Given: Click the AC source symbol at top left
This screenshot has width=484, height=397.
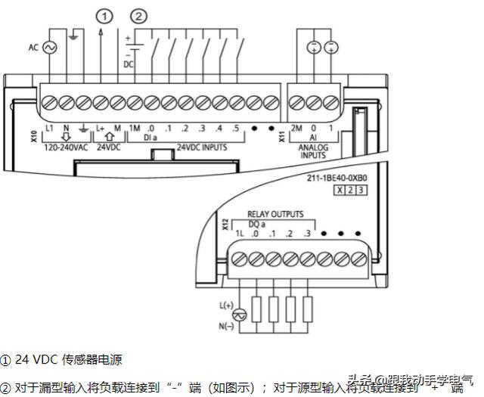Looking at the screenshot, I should (x=53, y=48).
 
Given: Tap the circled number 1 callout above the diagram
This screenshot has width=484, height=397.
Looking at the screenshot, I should (x=104, y=15).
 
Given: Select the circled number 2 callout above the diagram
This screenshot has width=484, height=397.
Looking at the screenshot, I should (x=138, y=15).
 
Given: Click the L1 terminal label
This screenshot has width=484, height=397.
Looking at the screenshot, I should (x=49, y=129).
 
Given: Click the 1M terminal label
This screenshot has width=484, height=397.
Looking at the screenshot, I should (x=136, y=129).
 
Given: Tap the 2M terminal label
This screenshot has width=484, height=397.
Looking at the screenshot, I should (x=297, y=129).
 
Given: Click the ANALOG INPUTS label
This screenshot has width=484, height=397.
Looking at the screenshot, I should (x=314, y=150).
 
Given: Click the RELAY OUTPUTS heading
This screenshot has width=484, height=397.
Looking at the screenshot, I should (x=275, y=215).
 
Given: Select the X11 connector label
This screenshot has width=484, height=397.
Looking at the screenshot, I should (x=282, y=138).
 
